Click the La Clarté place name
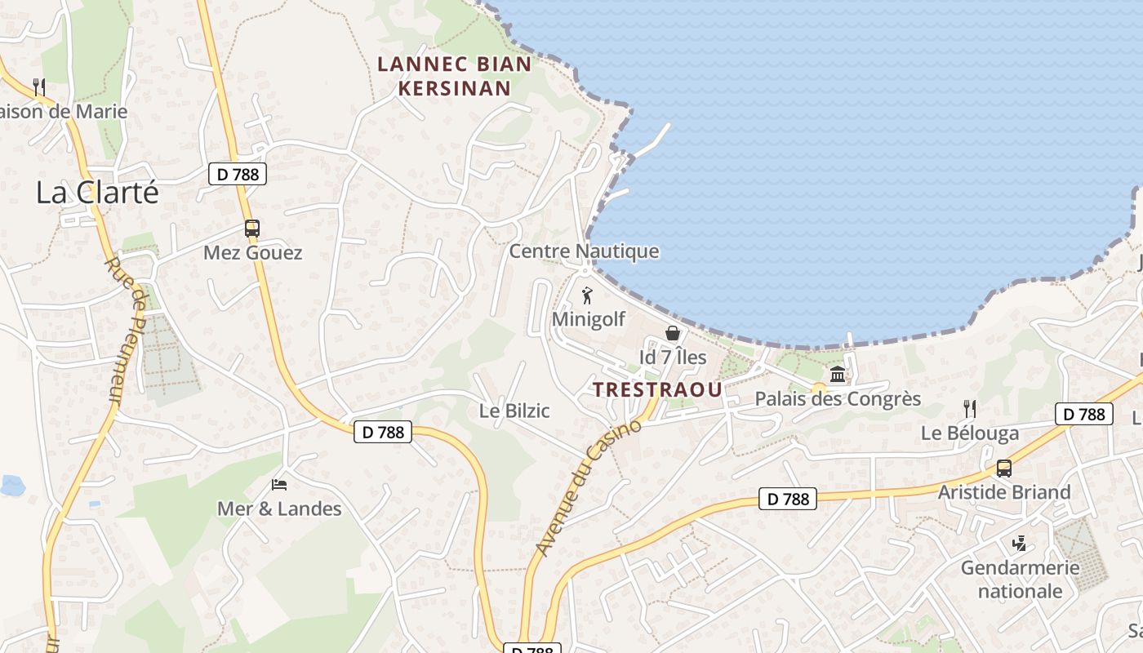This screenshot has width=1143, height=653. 97,193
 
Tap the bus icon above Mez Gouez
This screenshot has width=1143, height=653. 252,229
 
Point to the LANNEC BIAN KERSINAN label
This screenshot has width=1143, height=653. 454,76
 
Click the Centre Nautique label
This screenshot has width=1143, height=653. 584,251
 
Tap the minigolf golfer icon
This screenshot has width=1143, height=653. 587,295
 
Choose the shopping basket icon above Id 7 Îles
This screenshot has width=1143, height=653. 673,333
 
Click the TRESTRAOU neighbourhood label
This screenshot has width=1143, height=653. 658,389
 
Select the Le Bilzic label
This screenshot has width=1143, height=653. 514,411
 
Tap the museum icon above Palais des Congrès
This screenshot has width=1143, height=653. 838,375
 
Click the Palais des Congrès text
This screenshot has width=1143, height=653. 838,399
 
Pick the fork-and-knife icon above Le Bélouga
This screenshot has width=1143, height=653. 970,408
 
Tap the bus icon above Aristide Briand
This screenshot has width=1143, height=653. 1004,469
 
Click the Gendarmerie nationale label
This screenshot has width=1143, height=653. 1021,579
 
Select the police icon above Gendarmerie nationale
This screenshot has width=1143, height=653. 1020,543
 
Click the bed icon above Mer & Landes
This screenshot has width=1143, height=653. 279,485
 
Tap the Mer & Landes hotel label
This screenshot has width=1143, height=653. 279,509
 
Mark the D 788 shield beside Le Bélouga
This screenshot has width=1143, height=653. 1084,414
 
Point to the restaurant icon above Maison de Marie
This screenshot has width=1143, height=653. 38,86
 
